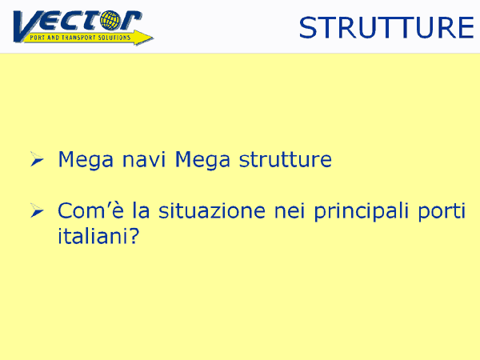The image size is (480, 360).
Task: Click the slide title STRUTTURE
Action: click(386, 28)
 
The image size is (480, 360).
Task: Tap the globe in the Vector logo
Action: click(110, 21)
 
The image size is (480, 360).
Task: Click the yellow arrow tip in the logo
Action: click(153, 38)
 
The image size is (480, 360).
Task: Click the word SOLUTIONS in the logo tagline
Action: click(114, 38)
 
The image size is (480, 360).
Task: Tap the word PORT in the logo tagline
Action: click(37, 38)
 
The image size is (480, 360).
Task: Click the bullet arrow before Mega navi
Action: click(37, 159)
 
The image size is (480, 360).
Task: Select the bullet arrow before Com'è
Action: click(37, 210)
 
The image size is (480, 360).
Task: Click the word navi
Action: click(143, 159)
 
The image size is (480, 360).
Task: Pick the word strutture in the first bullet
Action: click(285, 159)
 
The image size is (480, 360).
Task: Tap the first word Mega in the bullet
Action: click(86, 160)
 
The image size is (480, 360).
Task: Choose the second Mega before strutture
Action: click(202, 160)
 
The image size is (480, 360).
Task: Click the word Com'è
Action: click(90, 210)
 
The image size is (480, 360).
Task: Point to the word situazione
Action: click(212, 210)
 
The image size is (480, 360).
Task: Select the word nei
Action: click(290, 210)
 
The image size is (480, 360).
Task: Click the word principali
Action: click(362, 212)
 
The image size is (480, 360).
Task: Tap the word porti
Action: click(442, 212)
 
